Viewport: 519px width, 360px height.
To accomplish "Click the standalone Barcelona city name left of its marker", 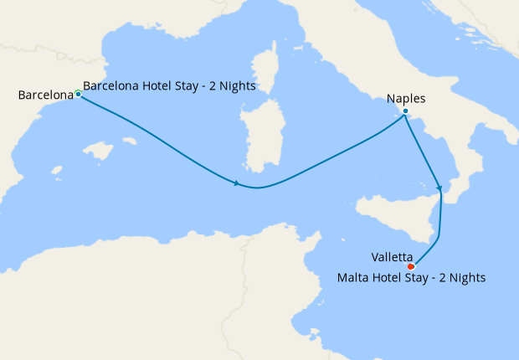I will (46, 95).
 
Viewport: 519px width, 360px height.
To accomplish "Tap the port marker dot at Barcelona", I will (78, 94).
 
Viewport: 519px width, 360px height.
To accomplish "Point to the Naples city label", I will (406, 99).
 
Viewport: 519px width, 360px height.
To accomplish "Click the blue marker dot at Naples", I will (405, 111).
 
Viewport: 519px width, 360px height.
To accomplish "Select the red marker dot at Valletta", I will (410, 267).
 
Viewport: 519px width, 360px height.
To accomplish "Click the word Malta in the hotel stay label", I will (352, 277).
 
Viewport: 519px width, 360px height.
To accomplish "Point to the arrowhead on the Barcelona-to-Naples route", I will (238, 183).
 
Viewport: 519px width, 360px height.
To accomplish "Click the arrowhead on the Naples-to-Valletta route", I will (439, 187).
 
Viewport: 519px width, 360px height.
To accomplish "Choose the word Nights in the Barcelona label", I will (238, 85).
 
